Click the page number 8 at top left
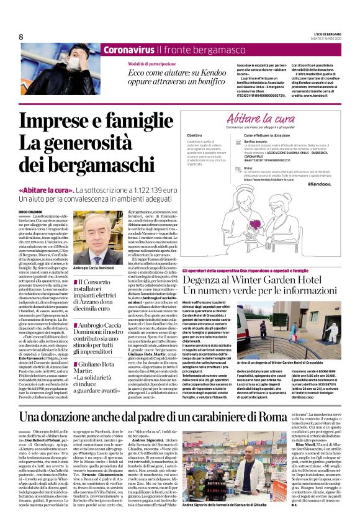coord(21,37)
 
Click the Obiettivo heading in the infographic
coord(194,135)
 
